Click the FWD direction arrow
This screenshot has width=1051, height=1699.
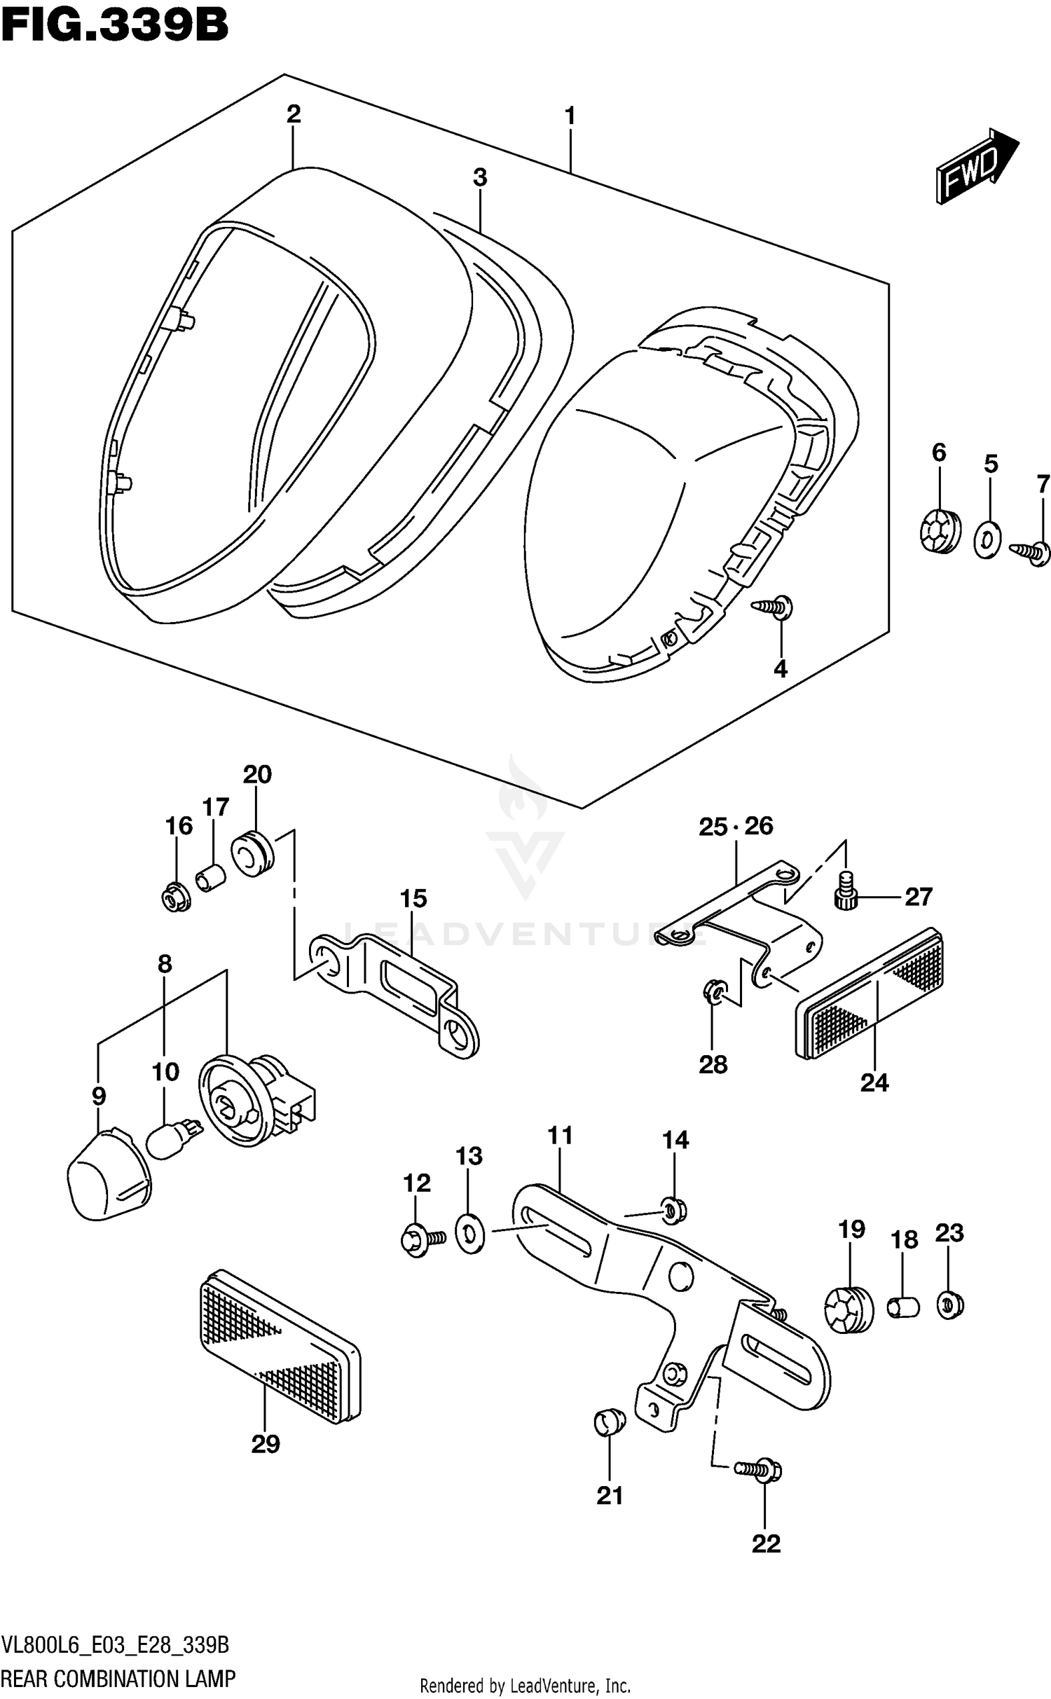(x=976, y=167)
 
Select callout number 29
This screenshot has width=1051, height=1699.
(x=266, y=1444)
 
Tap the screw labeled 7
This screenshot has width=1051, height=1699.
(x=1031, y=553)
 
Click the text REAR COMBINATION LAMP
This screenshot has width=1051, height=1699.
(x=118, y=1679)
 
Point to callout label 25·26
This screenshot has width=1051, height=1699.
(x=735, y=827)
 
